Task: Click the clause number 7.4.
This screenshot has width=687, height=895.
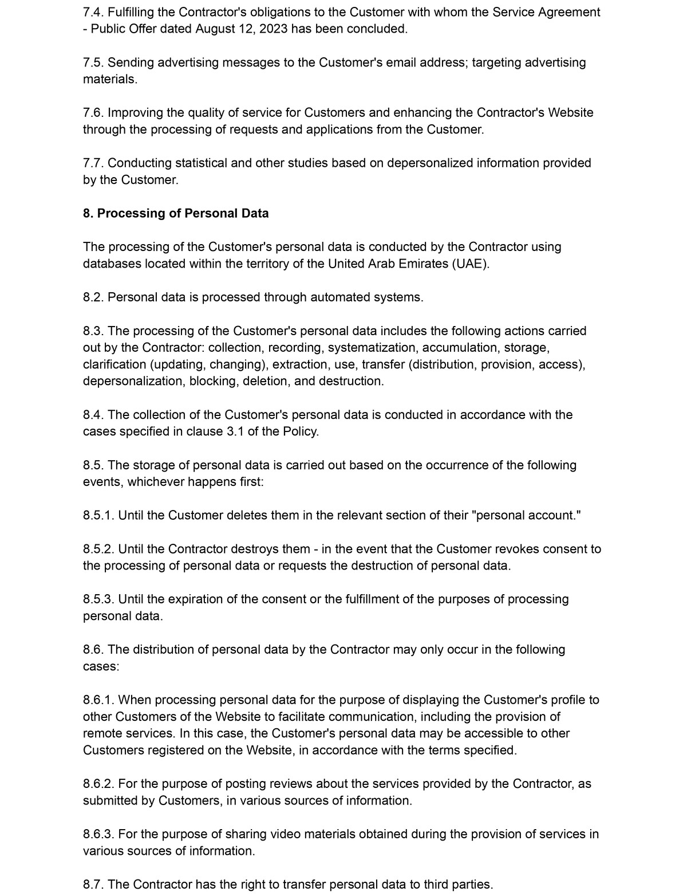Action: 93,12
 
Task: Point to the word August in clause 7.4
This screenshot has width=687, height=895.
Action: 216,29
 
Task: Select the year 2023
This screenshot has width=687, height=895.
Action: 273,29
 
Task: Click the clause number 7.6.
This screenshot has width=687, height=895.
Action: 93,113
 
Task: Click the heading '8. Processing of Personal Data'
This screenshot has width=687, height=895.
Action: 176,214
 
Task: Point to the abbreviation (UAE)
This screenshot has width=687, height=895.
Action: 471,264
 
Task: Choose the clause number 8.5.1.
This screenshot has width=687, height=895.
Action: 98,515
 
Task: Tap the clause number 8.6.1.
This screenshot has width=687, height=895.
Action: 98,700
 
